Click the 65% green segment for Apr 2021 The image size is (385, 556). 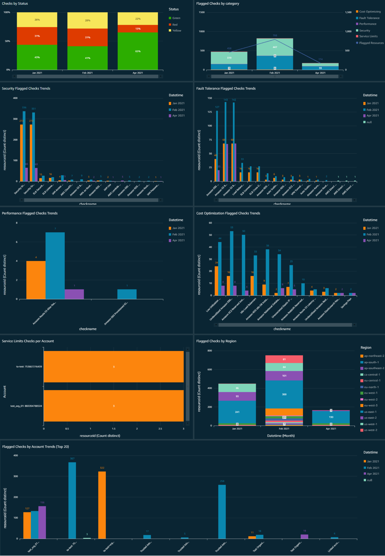(138, 51)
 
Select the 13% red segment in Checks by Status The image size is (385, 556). (138, 29)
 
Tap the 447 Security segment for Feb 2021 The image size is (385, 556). (275, 47)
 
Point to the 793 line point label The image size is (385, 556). (275, 36)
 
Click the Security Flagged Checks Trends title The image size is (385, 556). (26, 89)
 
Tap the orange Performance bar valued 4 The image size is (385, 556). (36, 280)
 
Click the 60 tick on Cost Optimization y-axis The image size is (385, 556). (210, 223)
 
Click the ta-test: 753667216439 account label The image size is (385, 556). (29, 367)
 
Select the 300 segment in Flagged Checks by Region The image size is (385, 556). (284, 394)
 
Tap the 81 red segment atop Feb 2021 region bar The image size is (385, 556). (284, 359)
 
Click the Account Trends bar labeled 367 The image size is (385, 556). (72, 500)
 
